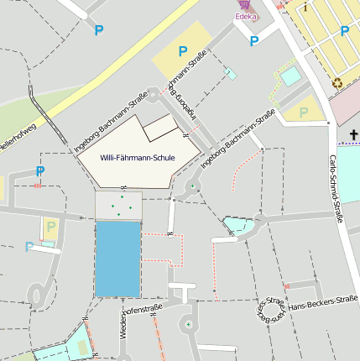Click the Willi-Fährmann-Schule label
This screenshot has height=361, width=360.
pyautogui.click(x=137, y=158)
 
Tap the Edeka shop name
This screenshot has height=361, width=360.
pyautogui.click(x=246, y=15)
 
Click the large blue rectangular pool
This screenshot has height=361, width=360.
pyautogui.click(x=117, y=259)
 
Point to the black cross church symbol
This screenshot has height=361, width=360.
pyautogui.click(x=354, y=134)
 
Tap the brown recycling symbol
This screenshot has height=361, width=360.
pyautogui.click(x=337, y=82)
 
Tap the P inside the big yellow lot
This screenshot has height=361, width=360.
pyautogui.click(x=182, y=52)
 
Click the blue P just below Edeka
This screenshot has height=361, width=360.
pyautogui.click(x=253, y=39)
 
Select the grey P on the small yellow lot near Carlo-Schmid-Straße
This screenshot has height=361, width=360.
pyautogui.click(x=304, y=112)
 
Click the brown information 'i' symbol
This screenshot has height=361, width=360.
pyautogui.click(x=306, y=8)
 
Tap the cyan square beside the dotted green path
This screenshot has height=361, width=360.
pyautogui.click(x=290, y=76)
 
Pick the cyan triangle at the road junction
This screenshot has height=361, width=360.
pyautogui.click(x=237, y=225)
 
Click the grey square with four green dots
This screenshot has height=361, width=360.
pyautogui.click(x=118, y=206)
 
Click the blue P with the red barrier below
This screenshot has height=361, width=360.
pyautogui.click(x=39, y=171)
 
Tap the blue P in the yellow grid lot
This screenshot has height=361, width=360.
pyautogui.click(x=344, y=32)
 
